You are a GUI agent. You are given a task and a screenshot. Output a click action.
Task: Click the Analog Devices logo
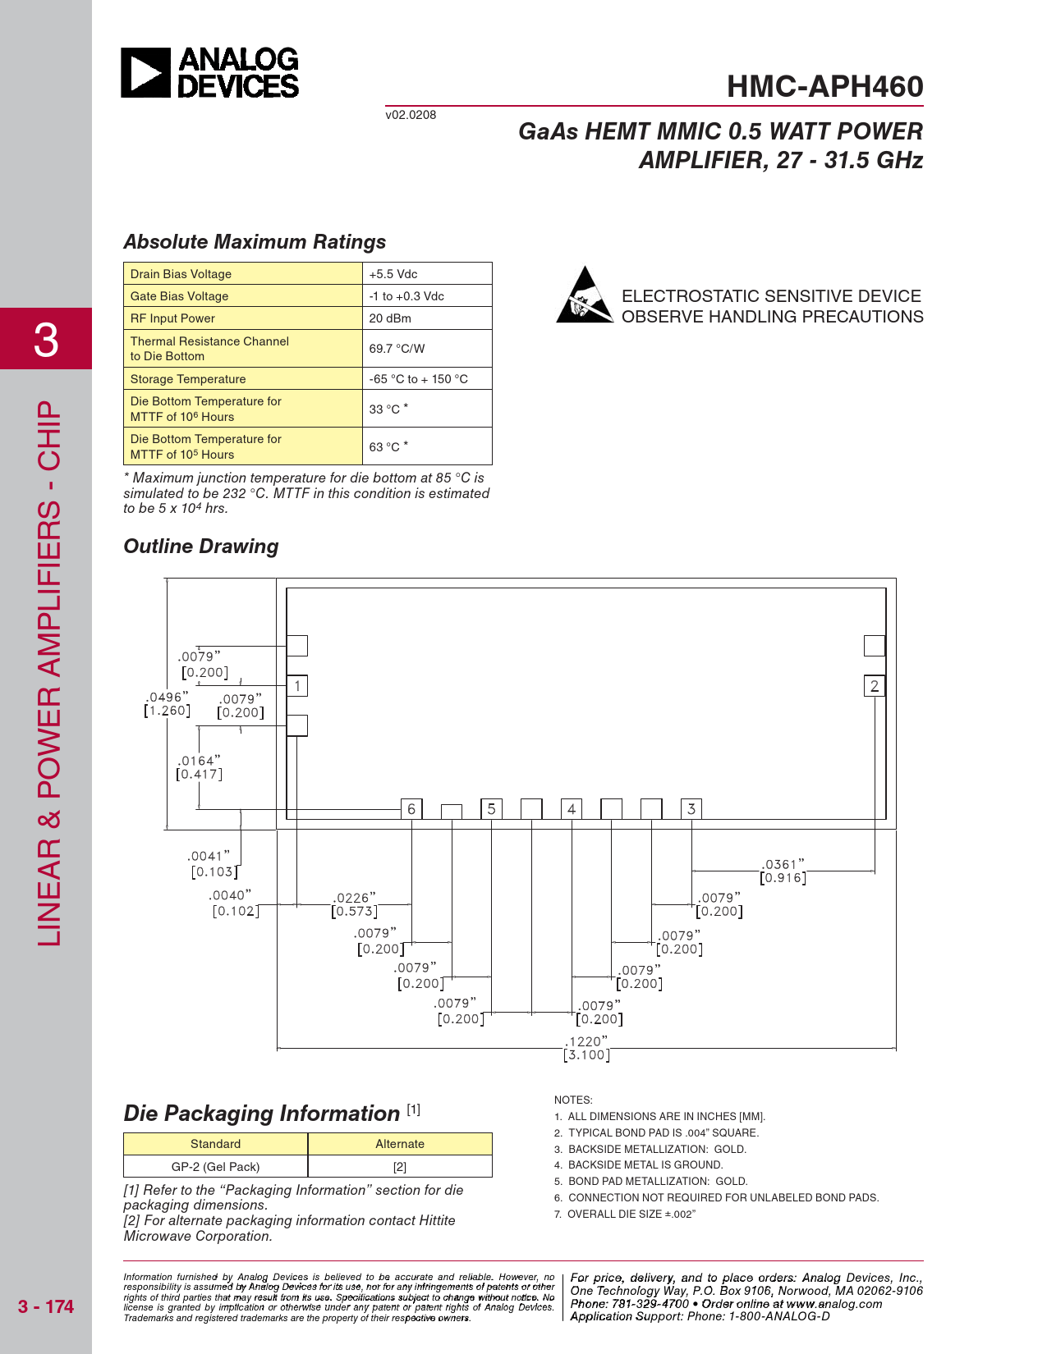[x=210, y=73]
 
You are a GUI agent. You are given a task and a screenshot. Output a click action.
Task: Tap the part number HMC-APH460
[x=824, y=87]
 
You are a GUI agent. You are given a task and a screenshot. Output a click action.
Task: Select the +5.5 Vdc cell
[x=426, y=274]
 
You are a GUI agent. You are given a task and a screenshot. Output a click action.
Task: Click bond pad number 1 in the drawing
[x=297, y=686]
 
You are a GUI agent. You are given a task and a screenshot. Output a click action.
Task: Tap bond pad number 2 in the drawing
[x=875, y=686]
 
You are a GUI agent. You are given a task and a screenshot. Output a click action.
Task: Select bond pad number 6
[x=411, y=809]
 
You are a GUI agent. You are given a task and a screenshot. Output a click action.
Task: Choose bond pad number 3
[x=691, y=809]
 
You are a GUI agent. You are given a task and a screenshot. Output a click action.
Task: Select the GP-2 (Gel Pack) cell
[x=215, y=1167]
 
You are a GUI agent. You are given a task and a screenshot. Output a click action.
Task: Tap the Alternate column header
[x=400, y=1144]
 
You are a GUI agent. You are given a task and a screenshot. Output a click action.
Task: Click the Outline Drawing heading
[x=201, y=547]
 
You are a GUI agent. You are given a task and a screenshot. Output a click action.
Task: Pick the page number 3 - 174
[x=46, y=1306]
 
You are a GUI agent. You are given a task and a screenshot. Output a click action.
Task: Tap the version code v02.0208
[x=411, y=115]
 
